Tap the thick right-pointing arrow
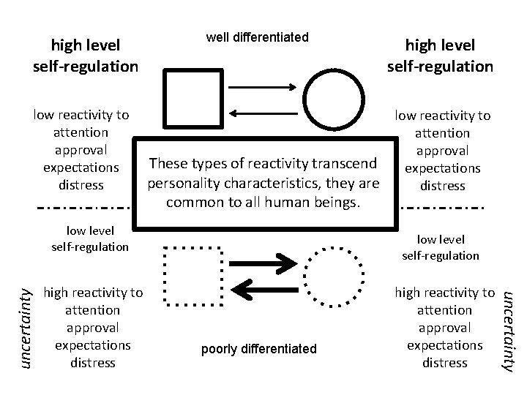[x=267, y=262]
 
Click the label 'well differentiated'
[x=257, y=37]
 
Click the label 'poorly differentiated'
[x=259, y=349]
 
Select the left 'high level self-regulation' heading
[x=85, y=56]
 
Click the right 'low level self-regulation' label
[x=441, y=247]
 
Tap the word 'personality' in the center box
[x=180, y=182]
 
